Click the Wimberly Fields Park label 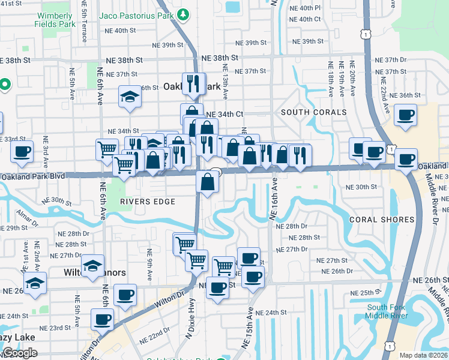point(59,19)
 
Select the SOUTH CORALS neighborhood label point(313,112)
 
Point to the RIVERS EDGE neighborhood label point(147,202)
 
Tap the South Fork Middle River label point(387,311)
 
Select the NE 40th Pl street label point(306,8)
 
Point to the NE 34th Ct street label point(224,114)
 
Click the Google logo point(20,353)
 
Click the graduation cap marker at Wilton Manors point(93,266)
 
